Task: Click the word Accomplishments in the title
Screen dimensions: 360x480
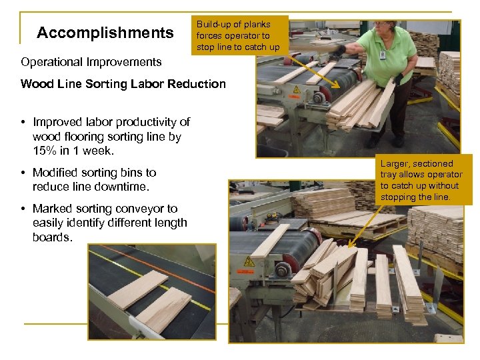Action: (x=105, y=33)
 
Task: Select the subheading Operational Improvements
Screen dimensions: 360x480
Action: (x=91, y=62)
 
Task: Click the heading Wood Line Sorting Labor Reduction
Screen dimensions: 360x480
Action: (x=123, y=84)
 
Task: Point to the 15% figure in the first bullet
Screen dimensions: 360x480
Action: (x=45, y=151)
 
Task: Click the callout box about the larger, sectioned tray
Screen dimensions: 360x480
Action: (x=421, y=180)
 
